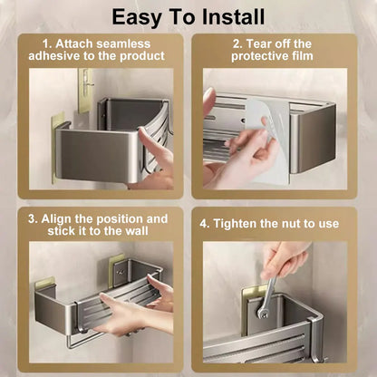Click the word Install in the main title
234,17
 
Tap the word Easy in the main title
137,18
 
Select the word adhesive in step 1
55,56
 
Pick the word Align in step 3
56,219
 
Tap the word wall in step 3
137,231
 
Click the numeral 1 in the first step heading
46,44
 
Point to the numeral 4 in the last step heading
204,225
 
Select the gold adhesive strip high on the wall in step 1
85,90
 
